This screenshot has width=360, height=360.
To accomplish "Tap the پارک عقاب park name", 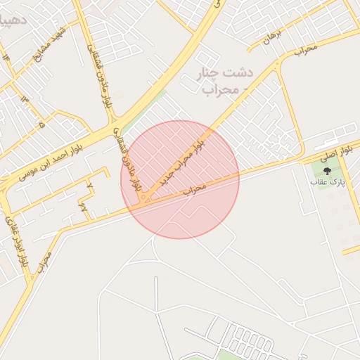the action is click(325, 182).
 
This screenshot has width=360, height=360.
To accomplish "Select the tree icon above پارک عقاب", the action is click(326, 171).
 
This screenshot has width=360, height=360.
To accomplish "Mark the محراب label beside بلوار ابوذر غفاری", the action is click(41, 261).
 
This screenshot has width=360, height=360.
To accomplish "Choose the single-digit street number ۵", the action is click(41, 124).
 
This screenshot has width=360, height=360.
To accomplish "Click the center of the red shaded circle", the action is click(180, 179).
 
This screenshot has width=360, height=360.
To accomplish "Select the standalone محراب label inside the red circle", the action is click(196, 188).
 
